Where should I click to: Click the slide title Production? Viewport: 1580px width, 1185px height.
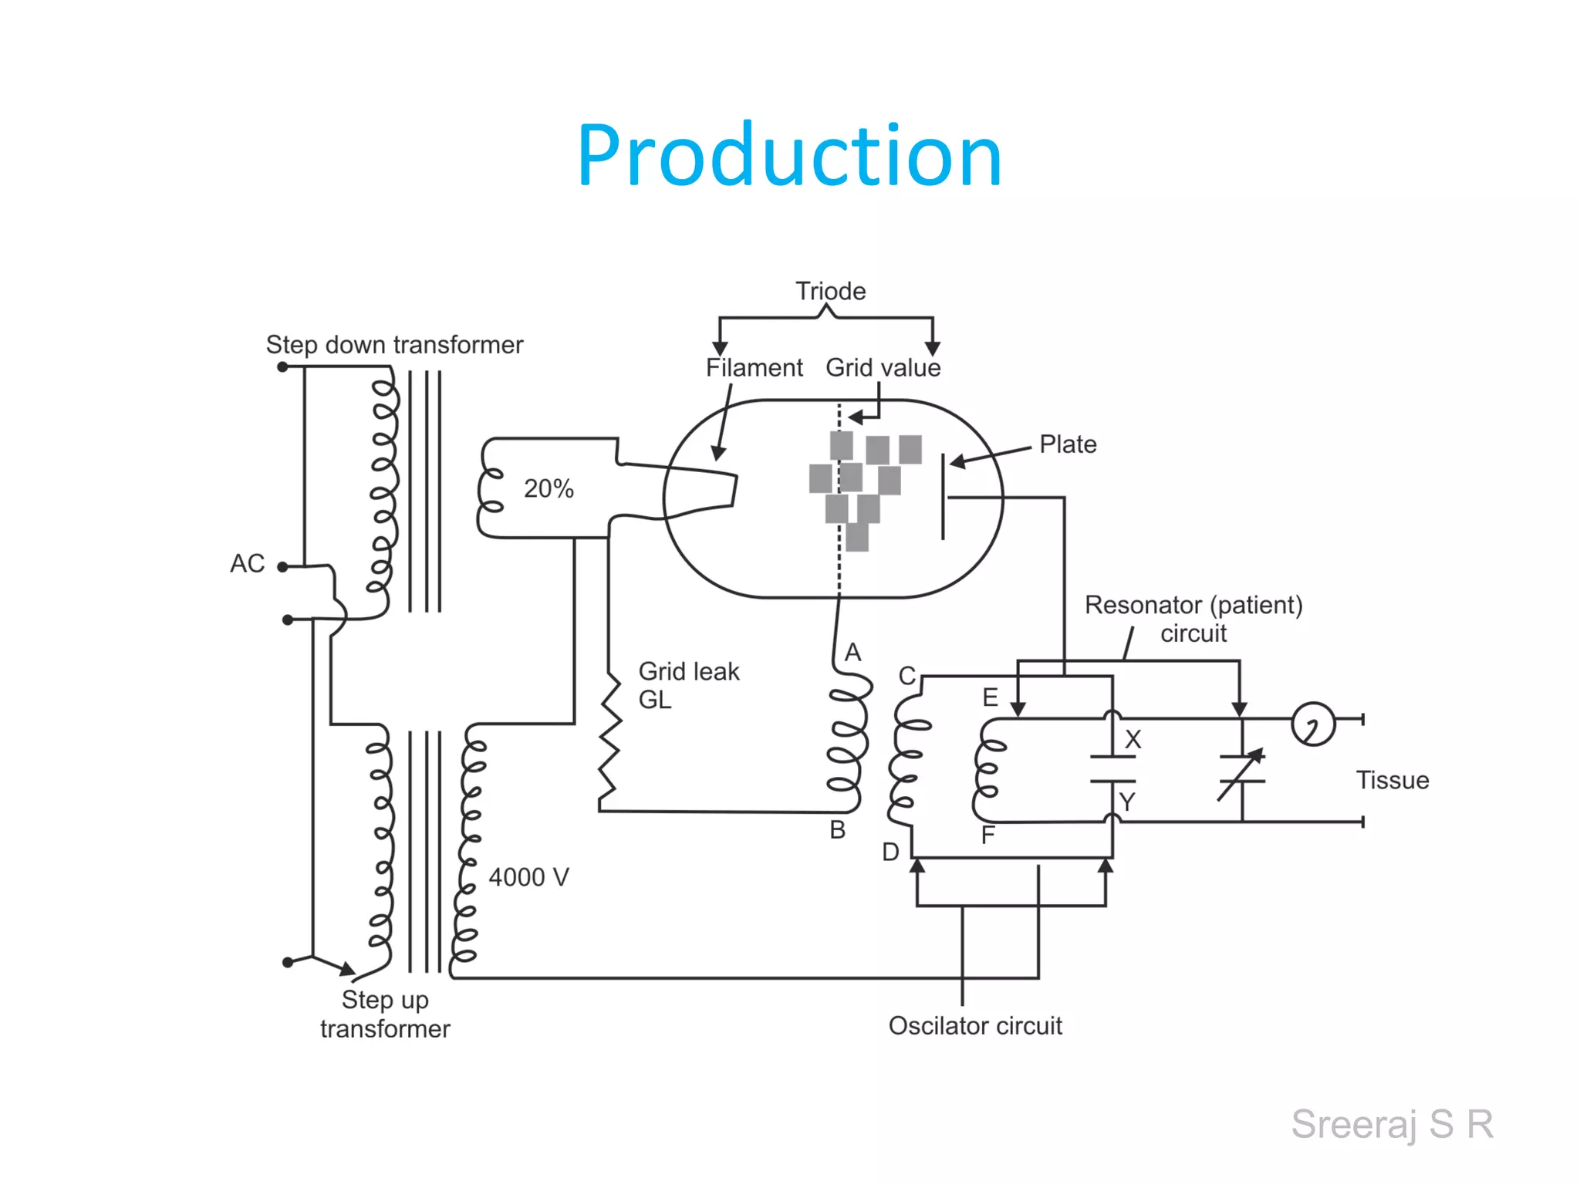click(788, 156)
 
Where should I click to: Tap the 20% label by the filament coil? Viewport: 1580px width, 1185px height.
click(549, 488)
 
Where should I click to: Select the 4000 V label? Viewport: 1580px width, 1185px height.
click(528, 877)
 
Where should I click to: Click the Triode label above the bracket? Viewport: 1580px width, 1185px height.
click(830, 291)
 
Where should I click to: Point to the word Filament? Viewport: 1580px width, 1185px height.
click(754, 367)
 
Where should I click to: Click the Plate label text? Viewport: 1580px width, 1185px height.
click(1068, 444)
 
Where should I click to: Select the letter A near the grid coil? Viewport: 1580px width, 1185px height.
click(852, 652)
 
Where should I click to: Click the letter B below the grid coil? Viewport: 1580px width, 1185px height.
click(837, 829)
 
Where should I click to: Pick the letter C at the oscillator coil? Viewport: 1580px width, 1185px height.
click(906, 676)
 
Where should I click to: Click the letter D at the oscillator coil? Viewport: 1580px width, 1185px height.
click(890, 852)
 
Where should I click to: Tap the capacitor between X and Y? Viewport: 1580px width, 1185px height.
click(1112, 769)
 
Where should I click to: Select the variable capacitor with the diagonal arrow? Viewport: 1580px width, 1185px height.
click(1241, 774)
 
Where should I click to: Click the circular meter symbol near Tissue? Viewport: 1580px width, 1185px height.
click(1312, 724)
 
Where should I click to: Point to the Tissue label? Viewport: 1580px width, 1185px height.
click(1392, 780)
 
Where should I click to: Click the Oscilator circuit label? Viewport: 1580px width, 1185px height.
click(974, 1025)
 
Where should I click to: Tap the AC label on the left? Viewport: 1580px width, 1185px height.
click(247, 563)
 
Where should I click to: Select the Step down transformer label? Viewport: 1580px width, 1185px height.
click(394, 344)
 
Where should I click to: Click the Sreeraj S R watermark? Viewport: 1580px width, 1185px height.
click(1392, 1123)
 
